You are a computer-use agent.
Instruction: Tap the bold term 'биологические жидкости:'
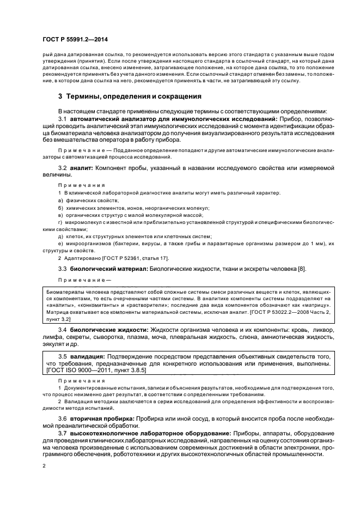pyautogui.click(x=108, y=331)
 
